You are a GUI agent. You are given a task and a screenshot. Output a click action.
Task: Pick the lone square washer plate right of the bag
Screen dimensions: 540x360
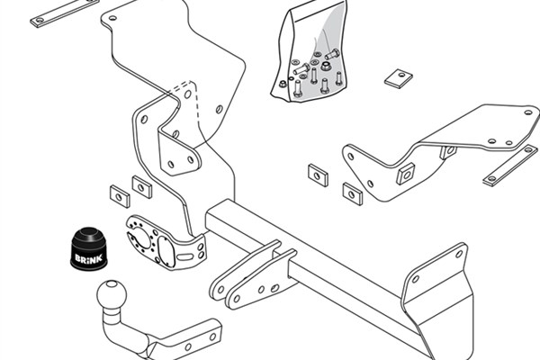click(398, 77)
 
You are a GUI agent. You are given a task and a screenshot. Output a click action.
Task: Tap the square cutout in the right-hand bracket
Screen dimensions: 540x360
click(406, 173)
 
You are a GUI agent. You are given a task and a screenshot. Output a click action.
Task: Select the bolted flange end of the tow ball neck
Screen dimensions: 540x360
click(184, 337)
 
